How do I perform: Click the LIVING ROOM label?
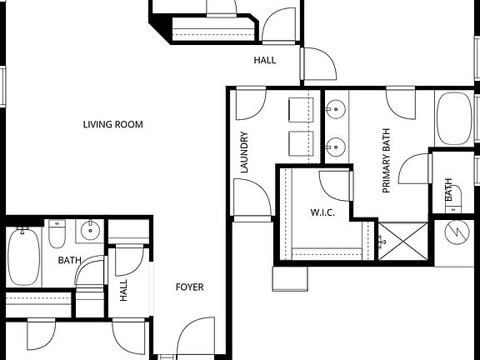tap(112, 125)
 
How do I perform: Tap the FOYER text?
tap(189, 287)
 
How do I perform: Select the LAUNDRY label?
tap(245, 152)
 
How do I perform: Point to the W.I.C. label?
tap(322, 212)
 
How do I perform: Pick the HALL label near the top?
tap(265, 60)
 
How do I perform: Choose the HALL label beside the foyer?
tap(123, 290)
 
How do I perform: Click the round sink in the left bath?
tap(89, 230)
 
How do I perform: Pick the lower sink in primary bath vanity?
tap(337, 146)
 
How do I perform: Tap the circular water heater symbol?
tap(456, 232)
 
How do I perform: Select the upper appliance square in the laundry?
tap(300, 111)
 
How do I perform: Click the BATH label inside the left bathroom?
tap(68, 261)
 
